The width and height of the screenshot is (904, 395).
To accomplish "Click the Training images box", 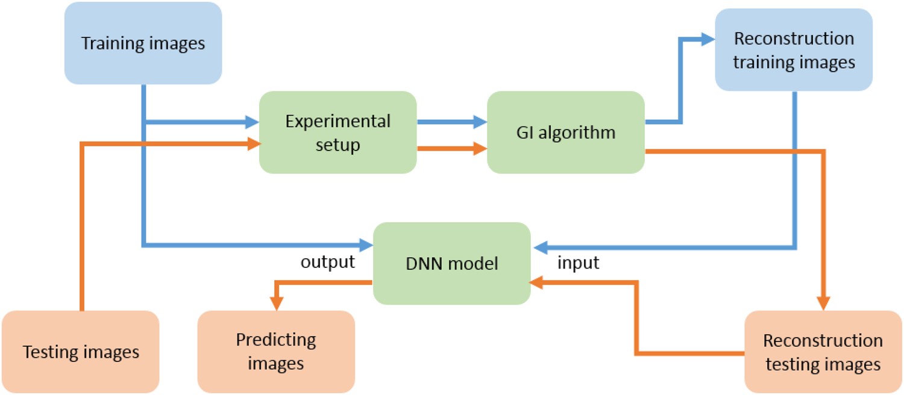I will coord(143,43).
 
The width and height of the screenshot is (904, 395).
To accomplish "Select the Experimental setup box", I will coord(337,132).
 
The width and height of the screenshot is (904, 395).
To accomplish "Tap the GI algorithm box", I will coord(565,132).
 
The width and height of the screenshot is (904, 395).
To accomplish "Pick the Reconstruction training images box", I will coord(793,51).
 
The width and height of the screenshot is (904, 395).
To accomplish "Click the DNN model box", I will coord(451,263).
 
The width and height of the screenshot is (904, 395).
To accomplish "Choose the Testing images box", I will coord(81,352).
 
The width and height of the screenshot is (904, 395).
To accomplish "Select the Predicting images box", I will coord(275,352).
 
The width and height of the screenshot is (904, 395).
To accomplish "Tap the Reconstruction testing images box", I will coord(823,352).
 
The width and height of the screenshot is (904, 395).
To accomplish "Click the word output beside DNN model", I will coord(328,263).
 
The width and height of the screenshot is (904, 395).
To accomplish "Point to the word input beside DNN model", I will coord(579,263).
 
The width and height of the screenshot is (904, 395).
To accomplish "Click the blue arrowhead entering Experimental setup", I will coord(253,122).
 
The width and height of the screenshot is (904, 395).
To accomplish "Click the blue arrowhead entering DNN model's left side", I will coord(366,245).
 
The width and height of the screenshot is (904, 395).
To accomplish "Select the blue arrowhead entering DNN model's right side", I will coord(538,246).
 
